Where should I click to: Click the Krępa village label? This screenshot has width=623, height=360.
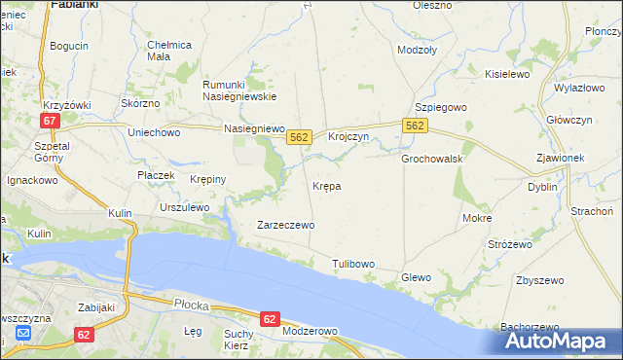[326, 185]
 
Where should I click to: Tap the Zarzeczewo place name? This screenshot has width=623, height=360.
[285, 225]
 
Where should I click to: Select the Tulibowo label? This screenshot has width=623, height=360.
[353, 264]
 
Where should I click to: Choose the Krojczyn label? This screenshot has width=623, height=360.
[348, 137]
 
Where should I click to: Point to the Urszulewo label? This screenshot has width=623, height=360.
[185, 207]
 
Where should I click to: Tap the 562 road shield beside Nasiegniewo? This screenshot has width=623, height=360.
[299, 138]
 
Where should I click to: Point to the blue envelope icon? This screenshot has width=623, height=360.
[23, 334]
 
